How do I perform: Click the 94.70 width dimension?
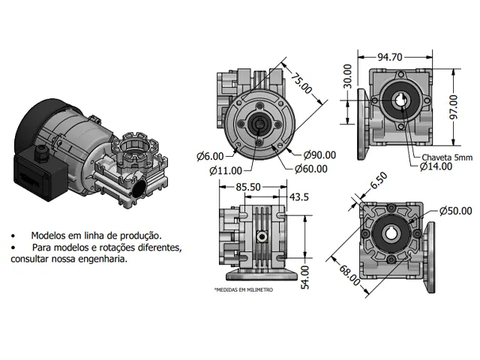[390, 57]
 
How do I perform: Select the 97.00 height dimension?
[454, 107]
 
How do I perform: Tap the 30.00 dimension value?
[347, 76]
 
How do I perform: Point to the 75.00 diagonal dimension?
[301, 83]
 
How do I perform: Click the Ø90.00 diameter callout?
[319, 155]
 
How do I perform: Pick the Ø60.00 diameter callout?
[311, 169]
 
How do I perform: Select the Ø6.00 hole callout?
[210, 157]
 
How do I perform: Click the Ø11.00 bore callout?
[226, 170]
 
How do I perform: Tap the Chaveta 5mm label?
[447, 157]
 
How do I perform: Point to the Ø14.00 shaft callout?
[436, 166]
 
